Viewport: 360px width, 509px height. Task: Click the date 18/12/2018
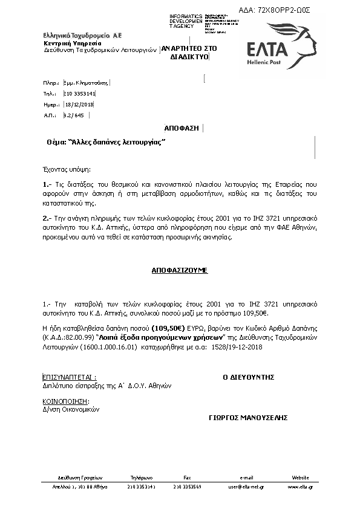pos(79,104)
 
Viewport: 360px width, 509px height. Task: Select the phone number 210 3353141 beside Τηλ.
pos(79,94)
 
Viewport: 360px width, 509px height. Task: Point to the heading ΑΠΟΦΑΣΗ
pos(182,128)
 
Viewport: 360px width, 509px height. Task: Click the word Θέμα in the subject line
pos(55,142)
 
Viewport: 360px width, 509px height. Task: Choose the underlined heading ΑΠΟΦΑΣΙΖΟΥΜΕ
pos(180,270)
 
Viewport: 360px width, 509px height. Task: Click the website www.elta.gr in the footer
pos(300,486)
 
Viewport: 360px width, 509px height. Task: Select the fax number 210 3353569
pos(187,486)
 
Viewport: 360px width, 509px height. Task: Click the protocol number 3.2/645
pos(74,114)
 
